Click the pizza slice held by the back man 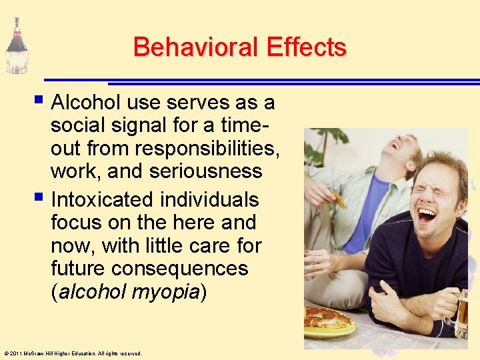[340, 200]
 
